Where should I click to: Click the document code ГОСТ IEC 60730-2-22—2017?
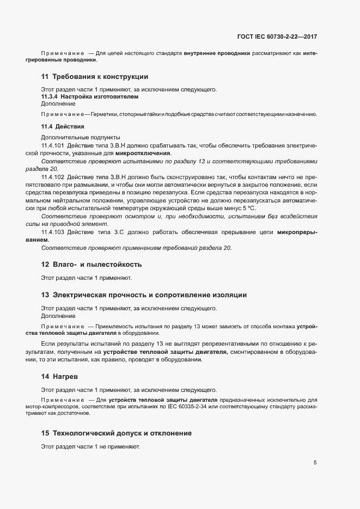(277, 37)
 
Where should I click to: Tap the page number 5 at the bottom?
(315, 463)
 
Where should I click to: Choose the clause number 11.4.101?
(53, 146)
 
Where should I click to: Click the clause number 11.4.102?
(53, 177)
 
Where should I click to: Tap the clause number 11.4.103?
(53, 232)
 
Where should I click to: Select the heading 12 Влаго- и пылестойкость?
(91, 265)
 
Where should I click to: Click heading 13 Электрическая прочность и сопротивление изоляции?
(144, 295)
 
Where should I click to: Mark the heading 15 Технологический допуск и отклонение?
(116, 433)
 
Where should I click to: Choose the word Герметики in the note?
(106, 114)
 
